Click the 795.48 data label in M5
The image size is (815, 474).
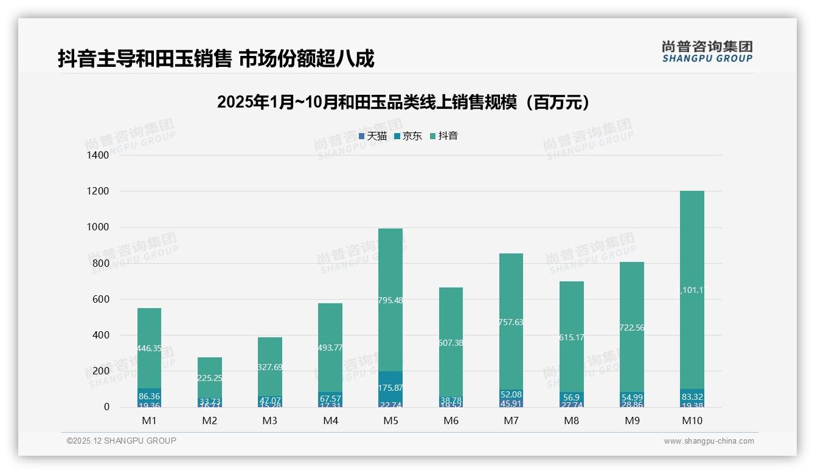click(390, 300)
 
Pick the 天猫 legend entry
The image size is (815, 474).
click(373, 136)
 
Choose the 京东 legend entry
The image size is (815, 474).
click(408, 136)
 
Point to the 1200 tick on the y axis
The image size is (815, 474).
click(97, 191)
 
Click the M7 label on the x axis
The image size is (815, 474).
click(511, 421)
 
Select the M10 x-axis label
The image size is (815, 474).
click(692, 421)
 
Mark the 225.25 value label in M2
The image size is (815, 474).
click(209, 378)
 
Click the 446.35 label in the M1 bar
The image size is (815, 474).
click(149, 348)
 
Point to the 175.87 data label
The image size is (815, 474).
click(390, 388)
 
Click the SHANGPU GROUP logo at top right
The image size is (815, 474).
click(707, 52)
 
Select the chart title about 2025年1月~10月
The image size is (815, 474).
click(403, 102)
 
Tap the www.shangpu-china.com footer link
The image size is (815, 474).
click(709, 441)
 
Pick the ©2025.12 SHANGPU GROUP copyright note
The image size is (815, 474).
click(122, 441)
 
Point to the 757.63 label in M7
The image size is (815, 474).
click(511, 323)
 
